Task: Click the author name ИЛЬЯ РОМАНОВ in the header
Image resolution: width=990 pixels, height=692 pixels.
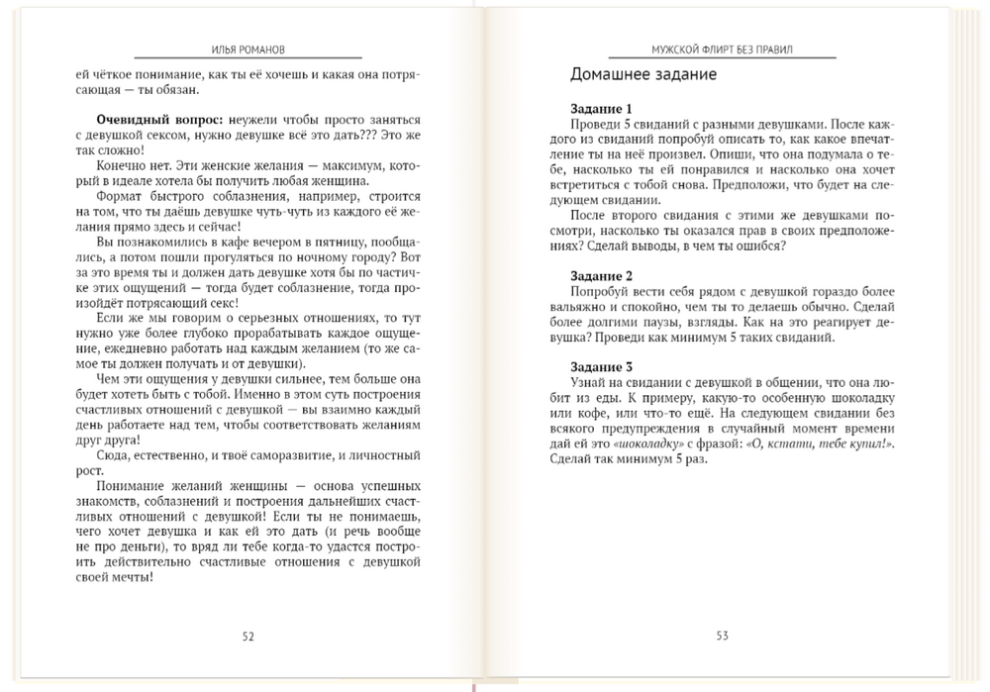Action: pos(247,49)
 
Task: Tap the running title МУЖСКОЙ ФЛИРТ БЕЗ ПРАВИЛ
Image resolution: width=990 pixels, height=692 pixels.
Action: pos(722,49)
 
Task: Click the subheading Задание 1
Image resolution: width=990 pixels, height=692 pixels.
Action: pos(602,109)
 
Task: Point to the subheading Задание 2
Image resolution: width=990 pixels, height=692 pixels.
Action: pos(602,275)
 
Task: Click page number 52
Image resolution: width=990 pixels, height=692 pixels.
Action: pos(247,637)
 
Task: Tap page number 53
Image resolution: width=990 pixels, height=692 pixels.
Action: pos(722,637)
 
